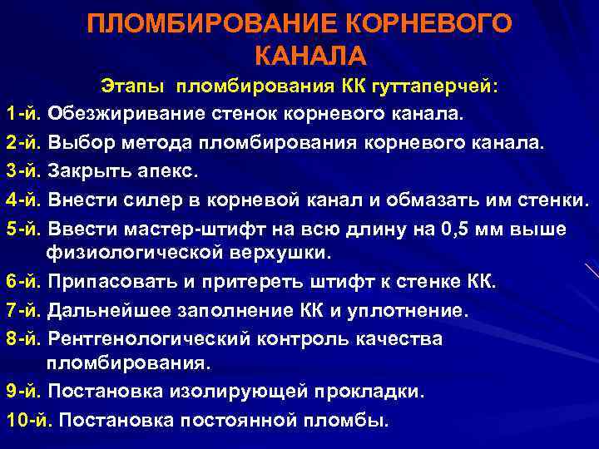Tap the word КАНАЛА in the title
pos(309,55)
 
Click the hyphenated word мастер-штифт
pos(178,228)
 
